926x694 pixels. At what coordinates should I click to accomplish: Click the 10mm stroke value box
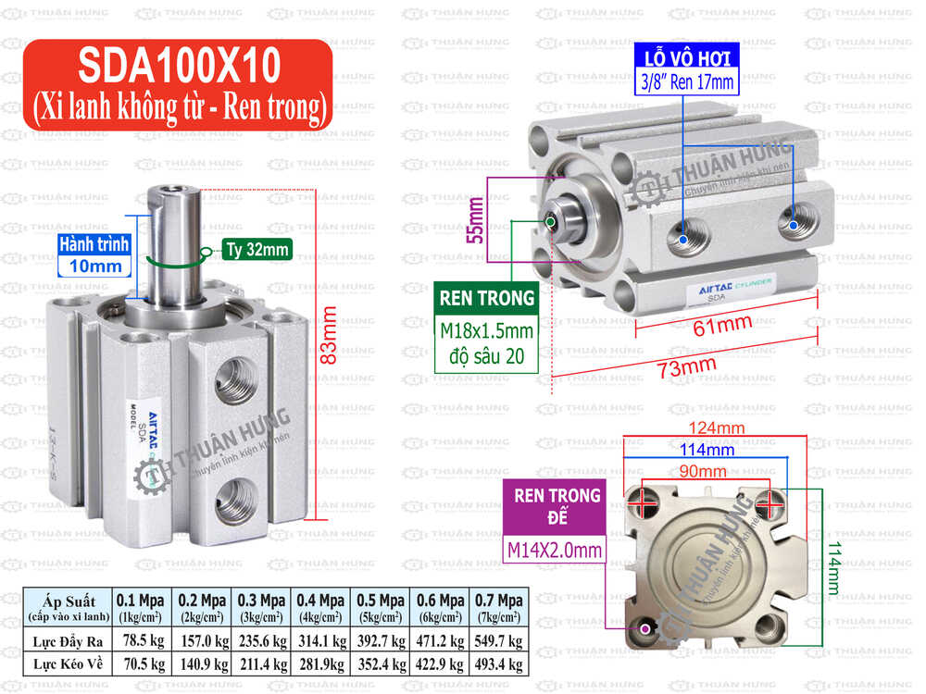click(x=94, y=266)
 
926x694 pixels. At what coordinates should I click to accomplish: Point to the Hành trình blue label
click(x=94, y=244)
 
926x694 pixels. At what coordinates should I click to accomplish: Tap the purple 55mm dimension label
click(x=476, y=220)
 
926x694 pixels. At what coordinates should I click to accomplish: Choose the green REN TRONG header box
click(x=488, y=298)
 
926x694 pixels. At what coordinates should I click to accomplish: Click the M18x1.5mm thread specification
click(x=488, y=331)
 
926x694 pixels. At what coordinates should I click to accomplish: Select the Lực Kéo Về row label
click(x=68, y=663)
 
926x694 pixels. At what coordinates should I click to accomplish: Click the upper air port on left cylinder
click(x=235, y=376)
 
